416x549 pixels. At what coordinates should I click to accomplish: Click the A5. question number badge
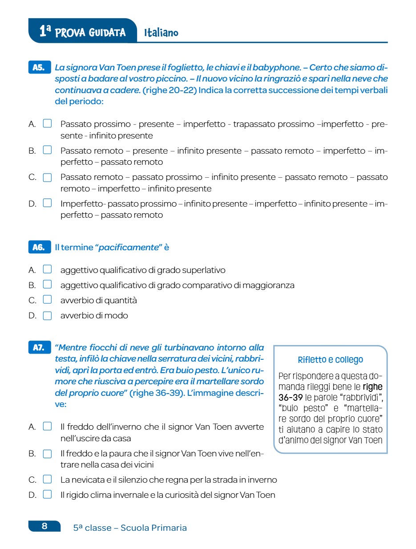click(x=39, y=68)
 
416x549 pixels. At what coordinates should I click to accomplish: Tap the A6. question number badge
click(x=39, y=247)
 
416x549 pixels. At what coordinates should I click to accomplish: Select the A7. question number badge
click(x=39, y=348)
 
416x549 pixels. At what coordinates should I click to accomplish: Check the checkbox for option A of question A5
click(x=47, y=123)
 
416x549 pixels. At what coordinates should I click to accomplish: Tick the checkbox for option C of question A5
click(x=47, y=177)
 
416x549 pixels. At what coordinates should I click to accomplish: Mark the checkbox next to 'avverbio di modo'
click(x=47, y=316)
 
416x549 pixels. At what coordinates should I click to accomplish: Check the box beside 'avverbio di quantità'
click(x=47, y=300)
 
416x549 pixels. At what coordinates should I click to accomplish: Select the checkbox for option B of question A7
click(x=47, y=454)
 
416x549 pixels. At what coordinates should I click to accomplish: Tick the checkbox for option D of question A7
click(x=47, y=494)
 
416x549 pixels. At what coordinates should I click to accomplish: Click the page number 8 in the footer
click(x=44, y=526)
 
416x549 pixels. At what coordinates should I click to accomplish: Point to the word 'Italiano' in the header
click(x=161, y=33)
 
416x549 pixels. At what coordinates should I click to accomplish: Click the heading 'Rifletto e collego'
click(x=330, y=360)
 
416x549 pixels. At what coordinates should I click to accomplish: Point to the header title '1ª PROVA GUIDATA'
click(x=82, y=32)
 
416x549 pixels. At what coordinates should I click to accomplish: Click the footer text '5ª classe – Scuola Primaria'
click(x=130, y=528)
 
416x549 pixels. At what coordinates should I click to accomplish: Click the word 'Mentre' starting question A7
click(x=72, y=348)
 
